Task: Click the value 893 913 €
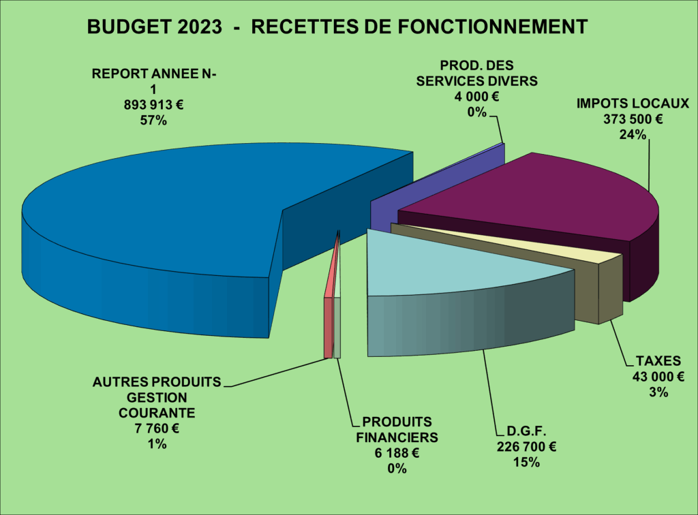tap(153, 105)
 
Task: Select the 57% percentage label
tap(153, 121)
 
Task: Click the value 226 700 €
tap(523, 447)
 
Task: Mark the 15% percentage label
tap(523, 463)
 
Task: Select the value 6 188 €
tap(397, 453)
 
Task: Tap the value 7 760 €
tap(157, 428)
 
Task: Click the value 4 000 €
tap(477, 96)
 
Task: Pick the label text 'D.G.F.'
tap(523, 431)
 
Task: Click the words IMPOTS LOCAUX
tap(633, 104)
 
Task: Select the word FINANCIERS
tap(397, 437)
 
